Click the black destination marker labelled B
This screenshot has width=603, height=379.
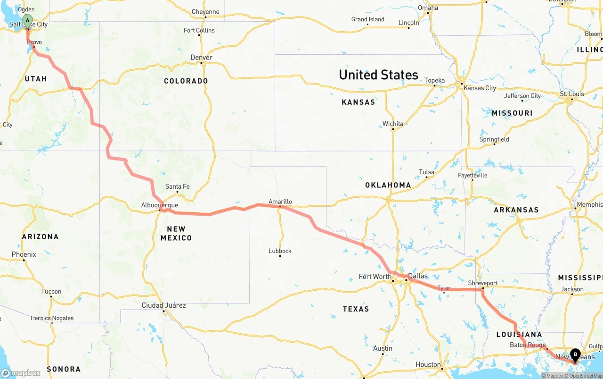[x=575, y=354]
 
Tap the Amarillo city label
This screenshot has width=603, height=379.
[x=280, y=202]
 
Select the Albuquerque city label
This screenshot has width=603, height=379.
[x=160, y=205]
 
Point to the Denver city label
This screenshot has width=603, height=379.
[x=201, y=58]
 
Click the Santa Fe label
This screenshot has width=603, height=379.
[x=177, y=186]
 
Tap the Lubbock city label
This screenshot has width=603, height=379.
[x=280, y=251]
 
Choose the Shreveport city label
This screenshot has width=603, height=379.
[x=483, y=283]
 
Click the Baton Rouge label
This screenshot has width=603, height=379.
[x=528, y=345]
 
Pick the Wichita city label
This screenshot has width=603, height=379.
[x=393, y=124]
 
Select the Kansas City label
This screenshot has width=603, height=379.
[x=480, y=88]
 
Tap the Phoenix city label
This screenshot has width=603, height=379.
[x=24, y=254]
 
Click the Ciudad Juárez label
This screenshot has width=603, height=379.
[x=163, y=305]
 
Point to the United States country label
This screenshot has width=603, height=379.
[x=378, y=75]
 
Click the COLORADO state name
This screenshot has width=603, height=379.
[x=186, y=81]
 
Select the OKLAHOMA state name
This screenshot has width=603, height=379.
[x=388, y=185]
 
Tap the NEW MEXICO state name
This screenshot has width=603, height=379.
[x=176, y=233]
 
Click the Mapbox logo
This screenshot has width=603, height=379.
[x=21, y=373]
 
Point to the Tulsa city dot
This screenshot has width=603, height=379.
[x=427, y=178]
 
